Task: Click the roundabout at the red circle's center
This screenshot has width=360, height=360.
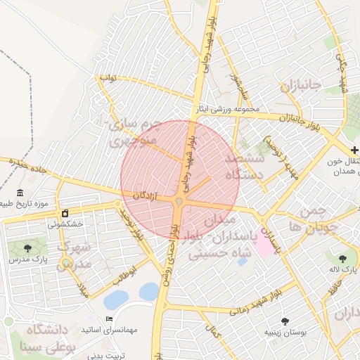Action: click(x=179, y=202)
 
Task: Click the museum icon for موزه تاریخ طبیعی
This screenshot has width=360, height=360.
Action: click(x=20, y=193)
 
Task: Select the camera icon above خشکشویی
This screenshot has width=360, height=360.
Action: click(x=65, y=213)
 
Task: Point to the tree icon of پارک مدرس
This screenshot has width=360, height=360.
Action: click(x=27, y=248)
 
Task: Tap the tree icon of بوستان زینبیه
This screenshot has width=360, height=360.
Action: click(x=285, y=321)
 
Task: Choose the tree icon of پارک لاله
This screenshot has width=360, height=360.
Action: click(x=342, y=259)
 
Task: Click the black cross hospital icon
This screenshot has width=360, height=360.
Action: click(x=354, y=150)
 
